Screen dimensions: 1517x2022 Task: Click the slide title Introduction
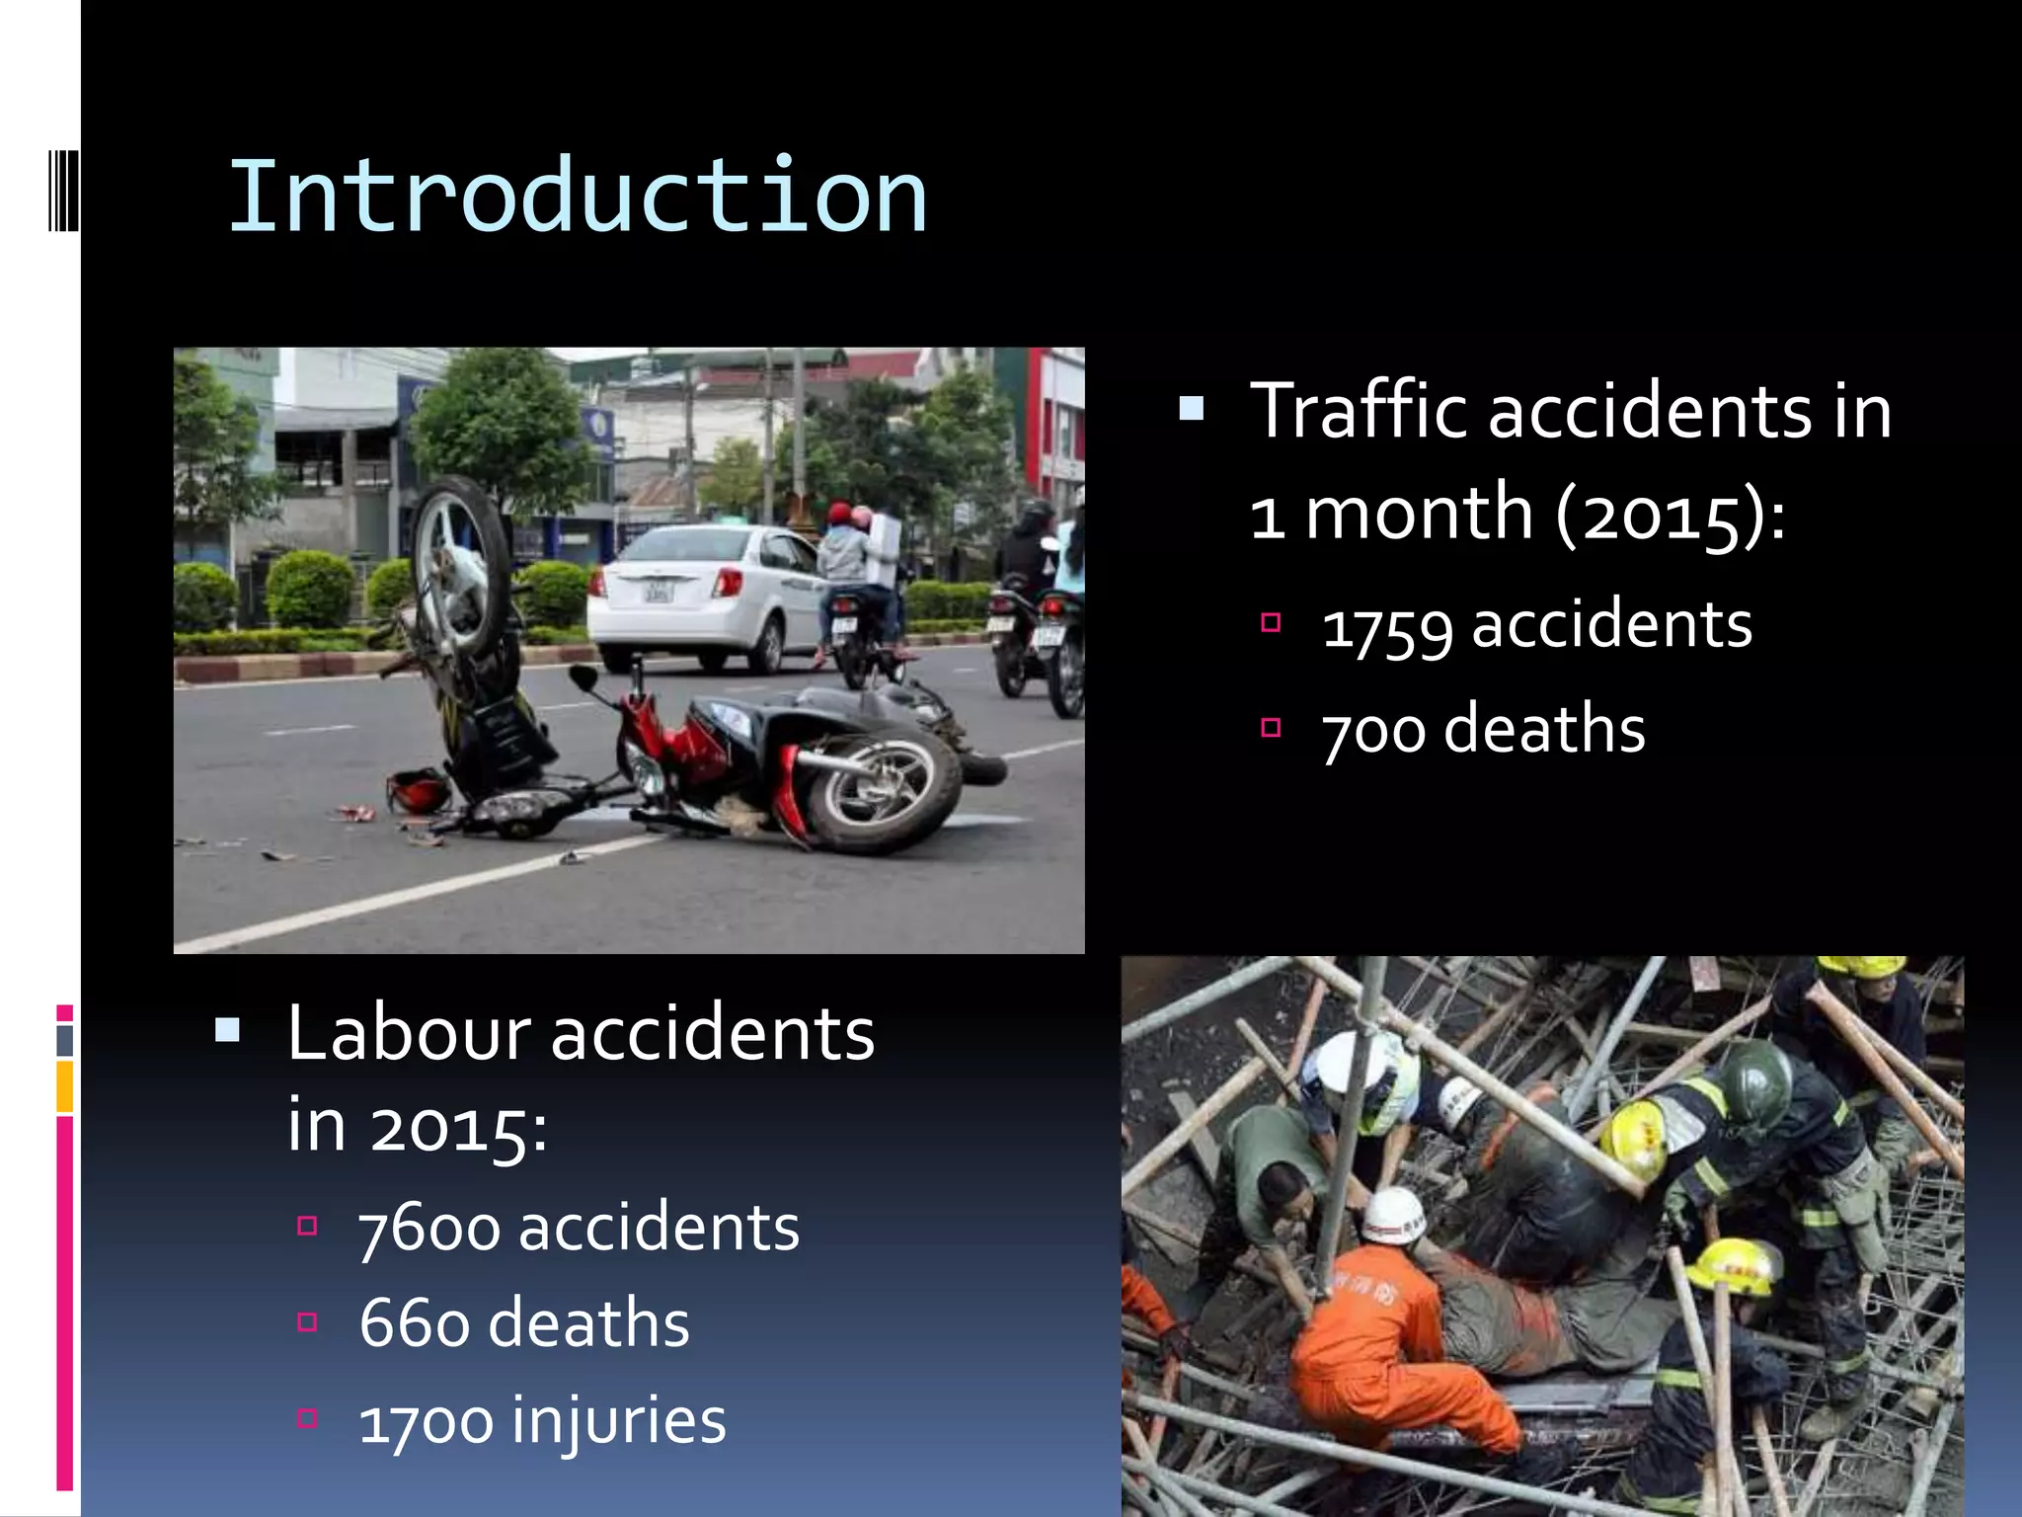click(x=578, y=198)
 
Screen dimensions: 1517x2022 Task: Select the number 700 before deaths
click(x=1373, y=732)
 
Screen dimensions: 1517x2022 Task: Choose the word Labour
click(x=409, y=1033)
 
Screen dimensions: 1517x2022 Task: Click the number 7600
click(x=428, y=1230)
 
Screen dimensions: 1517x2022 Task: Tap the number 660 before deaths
click(x=414, y=1324)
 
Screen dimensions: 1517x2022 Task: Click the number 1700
click(x=426, y=1422)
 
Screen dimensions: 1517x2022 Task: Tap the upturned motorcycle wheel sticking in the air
click(x=459, y=568)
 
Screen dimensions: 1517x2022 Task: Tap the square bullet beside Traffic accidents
click(x=1192, y=408)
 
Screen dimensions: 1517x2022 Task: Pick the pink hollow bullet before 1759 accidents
click(x=1271, y=622)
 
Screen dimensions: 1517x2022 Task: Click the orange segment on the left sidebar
click(x=64, y=1085)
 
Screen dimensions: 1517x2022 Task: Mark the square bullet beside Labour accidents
click(x=227, y=1031)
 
